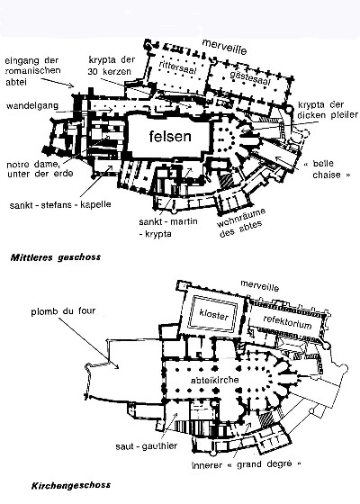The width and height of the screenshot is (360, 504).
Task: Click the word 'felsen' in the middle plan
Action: pyautogui.click(x=170, y=137)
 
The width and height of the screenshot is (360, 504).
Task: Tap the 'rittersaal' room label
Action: pyautogui.click(x=178, y=67)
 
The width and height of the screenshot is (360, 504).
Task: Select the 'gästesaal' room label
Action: pyautogui.click(x=250, y=77)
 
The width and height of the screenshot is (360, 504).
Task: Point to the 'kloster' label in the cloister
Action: pyautogui.click(x=214, y=315)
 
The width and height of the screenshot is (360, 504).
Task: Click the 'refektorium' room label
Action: pyautogui.click(x=287, y=322)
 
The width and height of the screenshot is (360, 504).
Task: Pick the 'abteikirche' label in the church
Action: pyautogui.click(x=215, y=380)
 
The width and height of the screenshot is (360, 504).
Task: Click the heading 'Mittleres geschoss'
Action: pyautogui.click(x=56, y=257)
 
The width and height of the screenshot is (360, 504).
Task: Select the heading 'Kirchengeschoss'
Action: pyautogui.click(x=71, y=485)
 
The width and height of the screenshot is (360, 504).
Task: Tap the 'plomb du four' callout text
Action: pyautogui.click(x=63, y=311)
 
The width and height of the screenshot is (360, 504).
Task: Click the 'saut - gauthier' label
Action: pyautogui.click(x=147, y=446)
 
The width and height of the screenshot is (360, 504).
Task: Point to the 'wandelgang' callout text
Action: pyautogui.click(x=32, y=105)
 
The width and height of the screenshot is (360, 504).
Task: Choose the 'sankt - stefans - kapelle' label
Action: pyautogui.click(x=60, y=204)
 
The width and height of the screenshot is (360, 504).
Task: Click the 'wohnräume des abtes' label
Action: pyautogui.click(x=242, y=223)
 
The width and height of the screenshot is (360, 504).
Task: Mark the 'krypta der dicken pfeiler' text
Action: pyautogui.click(x=328, y=110)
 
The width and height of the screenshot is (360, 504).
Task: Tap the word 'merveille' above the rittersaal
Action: pyautogui.click(x=225, y=47)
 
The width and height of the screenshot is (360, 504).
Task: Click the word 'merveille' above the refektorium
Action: pyautogui.click(x=260, y=285)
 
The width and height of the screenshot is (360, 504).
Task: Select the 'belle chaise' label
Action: pyautogui.click(x=328, y=169)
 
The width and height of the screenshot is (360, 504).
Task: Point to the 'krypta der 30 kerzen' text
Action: pyautogui.click(x=112, y=65)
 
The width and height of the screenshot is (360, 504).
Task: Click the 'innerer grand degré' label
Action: pyautogui.click(x=247, y=464)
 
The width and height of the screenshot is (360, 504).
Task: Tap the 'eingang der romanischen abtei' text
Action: pyautogui.click(x=33, y=71)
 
